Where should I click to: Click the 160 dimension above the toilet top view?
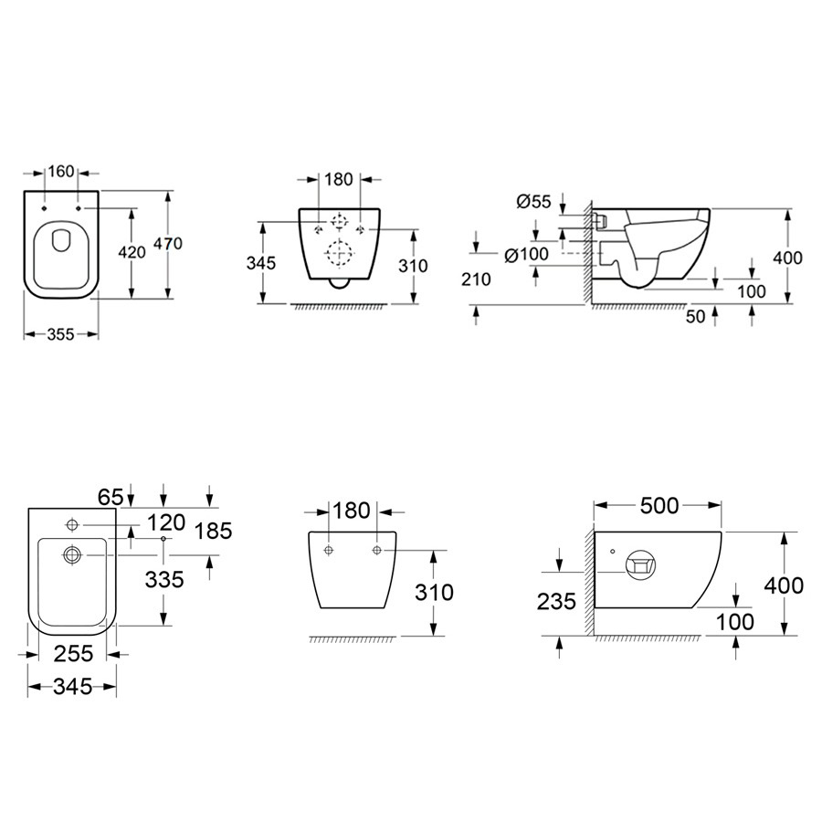click(61, 172)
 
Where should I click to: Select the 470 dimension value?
click(168, 244)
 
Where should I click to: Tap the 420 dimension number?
click(132, 253)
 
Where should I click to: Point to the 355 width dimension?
click(61, 334)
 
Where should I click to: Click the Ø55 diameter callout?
click(533, 201)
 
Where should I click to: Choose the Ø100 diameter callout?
click(526, 255)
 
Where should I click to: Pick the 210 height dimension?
click(476, 279)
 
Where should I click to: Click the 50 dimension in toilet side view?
click(696, 317)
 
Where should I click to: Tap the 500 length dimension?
click(659, 505)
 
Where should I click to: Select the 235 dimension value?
click(556, 601)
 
